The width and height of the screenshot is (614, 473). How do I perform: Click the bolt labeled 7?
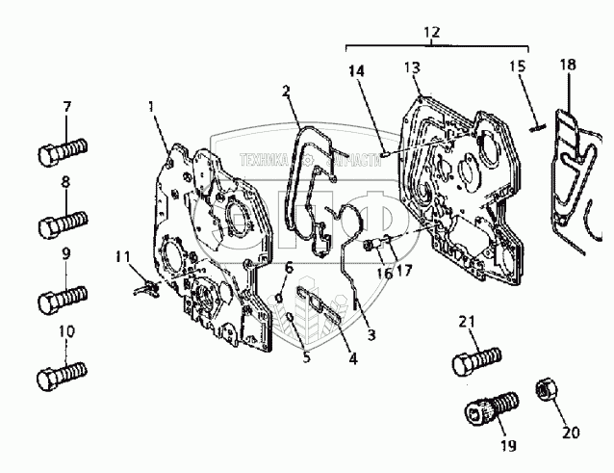(63, 152)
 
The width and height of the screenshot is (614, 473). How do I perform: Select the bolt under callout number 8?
(63, 225)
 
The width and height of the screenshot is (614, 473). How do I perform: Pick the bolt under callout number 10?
(63, 373)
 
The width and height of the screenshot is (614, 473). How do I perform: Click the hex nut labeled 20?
(544, 387)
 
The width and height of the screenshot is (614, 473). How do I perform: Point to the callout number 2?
(286, 91)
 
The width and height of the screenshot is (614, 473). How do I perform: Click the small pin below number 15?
(539, 123)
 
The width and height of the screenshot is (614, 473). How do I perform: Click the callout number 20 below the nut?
(572, 432)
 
